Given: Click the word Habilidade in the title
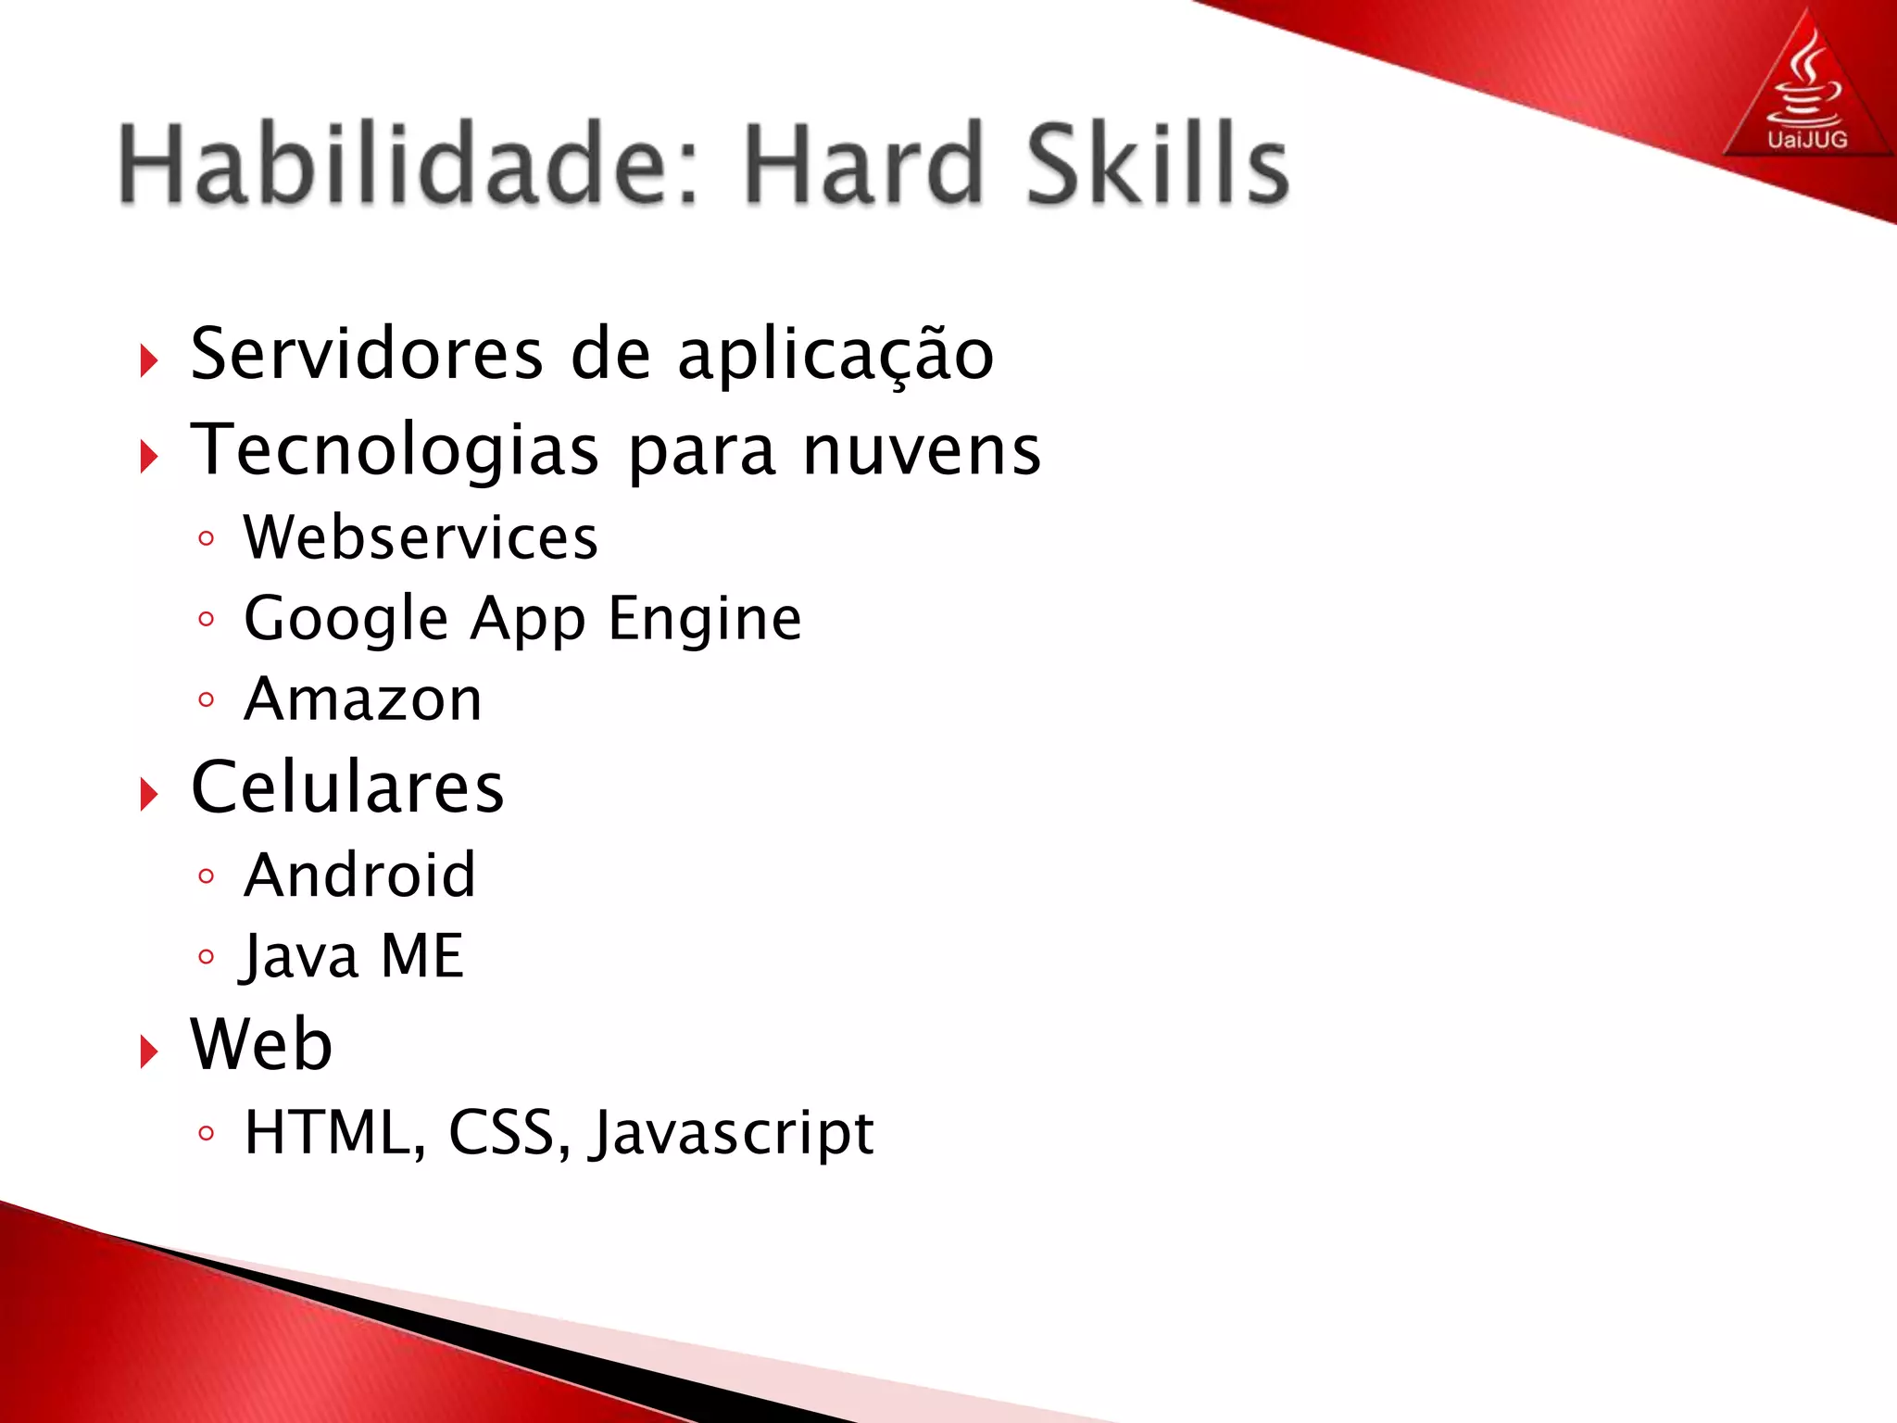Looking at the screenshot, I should pos(408,165).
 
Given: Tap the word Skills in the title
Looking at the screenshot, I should pos(1157,165).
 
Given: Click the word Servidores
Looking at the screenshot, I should pos(367,354).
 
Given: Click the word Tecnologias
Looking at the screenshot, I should pos(395,451).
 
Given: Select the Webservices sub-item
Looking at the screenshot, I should pos(421,537).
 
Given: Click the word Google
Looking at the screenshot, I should pos(346,620).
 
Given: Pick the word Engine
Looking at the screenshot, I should pos(705,620).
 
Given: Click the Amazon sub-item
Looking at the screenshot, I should pos(363,699).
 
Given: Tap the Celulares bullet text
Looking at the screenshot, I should pos(347,787).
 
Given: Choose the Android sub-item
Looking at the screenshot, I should pos(359,875).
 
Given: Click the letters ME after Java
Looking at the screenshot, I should pos(422,956).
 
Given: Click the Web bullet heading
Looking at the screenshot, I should pos(261,1044).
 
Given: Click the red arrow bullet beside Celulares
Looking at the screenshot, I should pos(149,794).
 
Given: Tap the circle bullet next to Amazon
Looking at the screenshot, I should pos(207,700).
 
